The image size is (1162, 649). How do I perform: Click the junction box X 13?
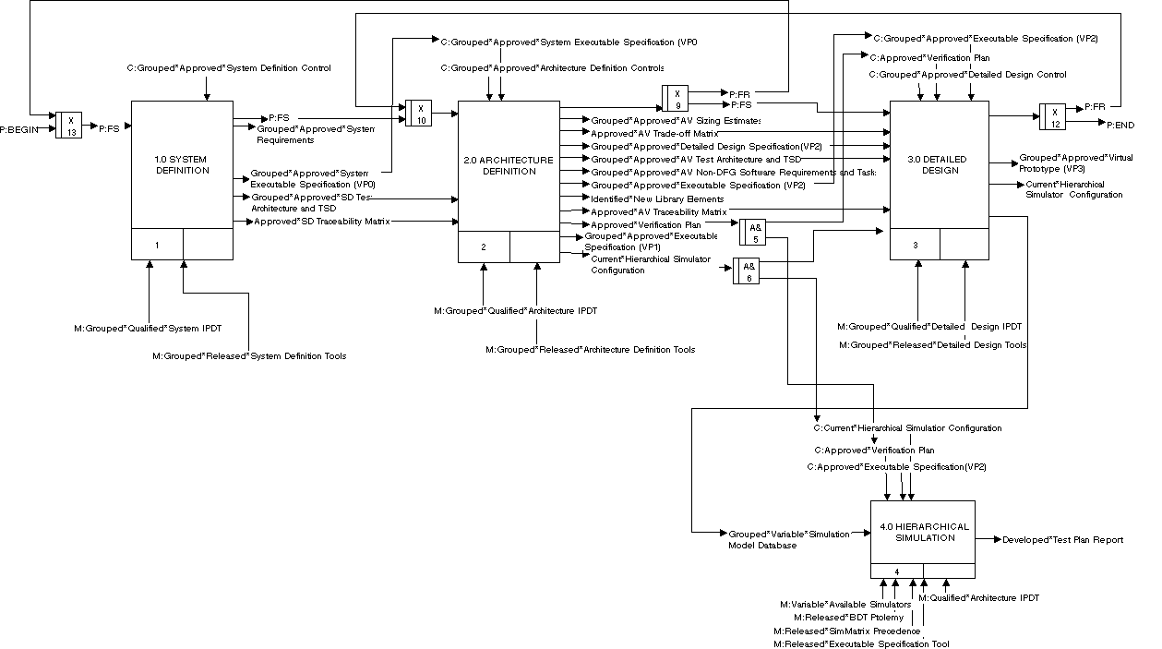pos(71,125)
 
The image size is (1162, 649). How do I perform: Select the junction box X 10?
pos(420,113)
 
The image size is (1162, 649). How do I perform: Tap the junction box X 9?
pos(677,98)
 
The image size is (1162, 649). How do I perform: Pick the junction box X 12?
pos(1053,116)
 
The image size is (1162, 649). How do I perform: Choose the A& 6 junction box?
pos(747,270)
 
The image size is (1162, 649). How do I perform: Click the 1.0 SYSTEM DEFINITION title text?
pos(182,164)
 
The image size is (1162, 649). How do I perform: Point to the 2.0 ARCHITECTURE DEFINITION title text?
pos(509,165)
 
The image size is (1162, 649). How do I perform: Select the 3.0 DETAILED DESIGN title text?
pos(943,164)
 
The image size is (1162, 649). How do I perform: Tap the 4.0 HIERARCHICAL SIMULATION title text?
pos(924,533)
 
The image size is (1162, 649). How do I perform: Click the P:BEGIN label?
pos(19,129)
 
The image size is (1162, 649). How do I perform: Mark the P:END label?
pos(1120,124)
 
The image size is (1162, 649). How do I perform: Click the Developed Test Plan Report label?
pos(1062,539)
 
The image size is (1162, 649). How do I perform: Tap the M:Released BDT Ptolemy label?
pos(842,617)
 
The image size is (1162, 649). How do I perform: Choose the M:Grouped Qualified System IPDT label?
pos(148,328)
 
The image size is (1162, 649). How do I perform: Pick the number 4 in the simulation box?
pos(896,571)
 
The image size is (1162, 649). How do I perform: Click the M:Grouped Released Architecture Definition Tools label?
pos(592,350)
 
